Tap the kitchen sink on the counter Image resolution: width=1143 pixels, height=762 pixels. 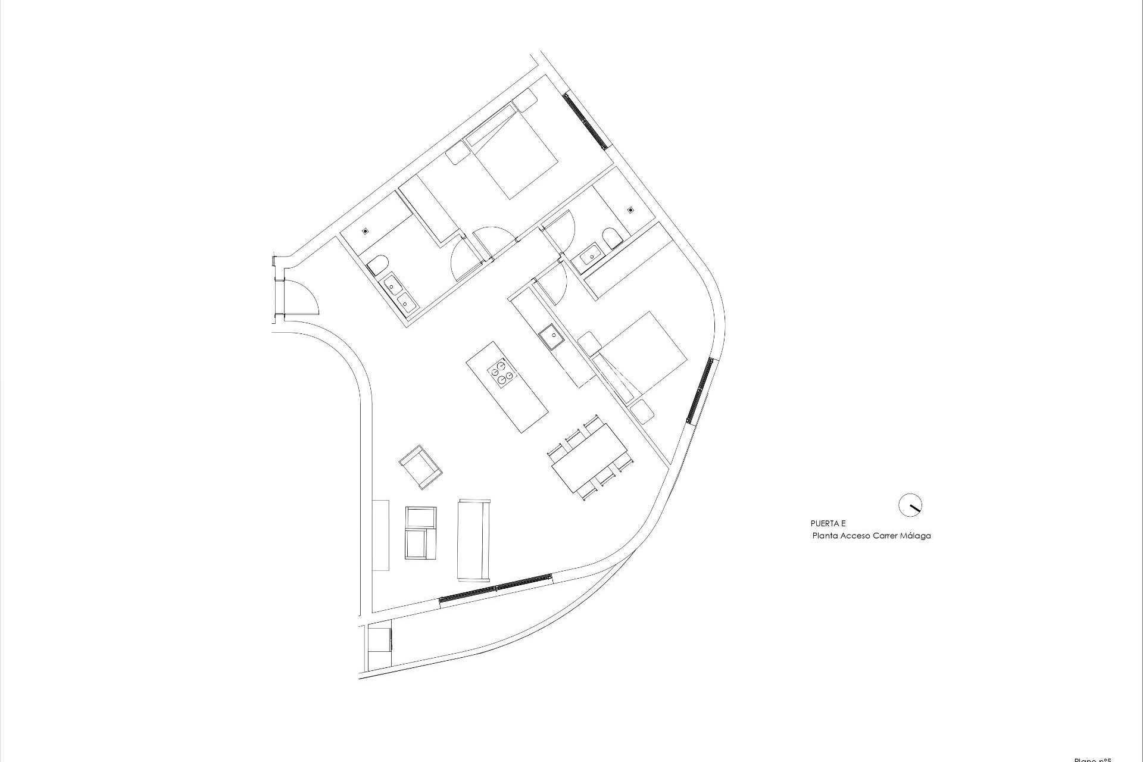551,337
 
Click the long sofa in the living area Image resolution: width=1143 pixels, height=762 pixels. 473,540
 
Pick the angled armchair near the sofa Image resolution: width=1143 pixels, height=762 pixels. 420,466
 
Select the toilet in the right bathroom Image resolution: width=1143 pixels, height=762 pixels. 611,239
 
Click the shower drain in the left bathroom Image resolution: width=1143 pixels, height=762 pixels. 365,230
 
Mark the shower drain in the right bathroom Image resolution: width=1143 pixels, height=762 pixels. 630,210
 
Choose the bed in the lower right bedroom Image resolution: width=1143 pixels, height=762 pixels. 641,355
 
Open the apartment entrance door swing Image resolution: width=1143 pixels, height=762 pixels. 305,299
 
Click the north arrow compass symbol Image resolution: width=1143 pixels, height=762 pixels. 910,505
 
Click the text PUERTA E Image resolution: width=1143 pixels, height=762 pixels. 827,523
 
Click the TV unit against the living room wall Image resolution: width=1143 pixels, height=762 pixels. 380,535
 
